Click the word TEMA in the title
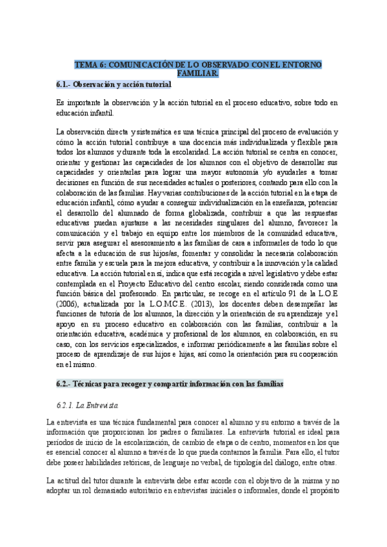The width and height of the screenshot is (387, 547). pos(85,65)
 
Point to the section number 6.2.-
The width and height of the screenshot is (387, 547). pos(64,384)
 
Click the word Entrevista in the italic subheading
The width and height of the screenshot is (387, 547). pos(103,406)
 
